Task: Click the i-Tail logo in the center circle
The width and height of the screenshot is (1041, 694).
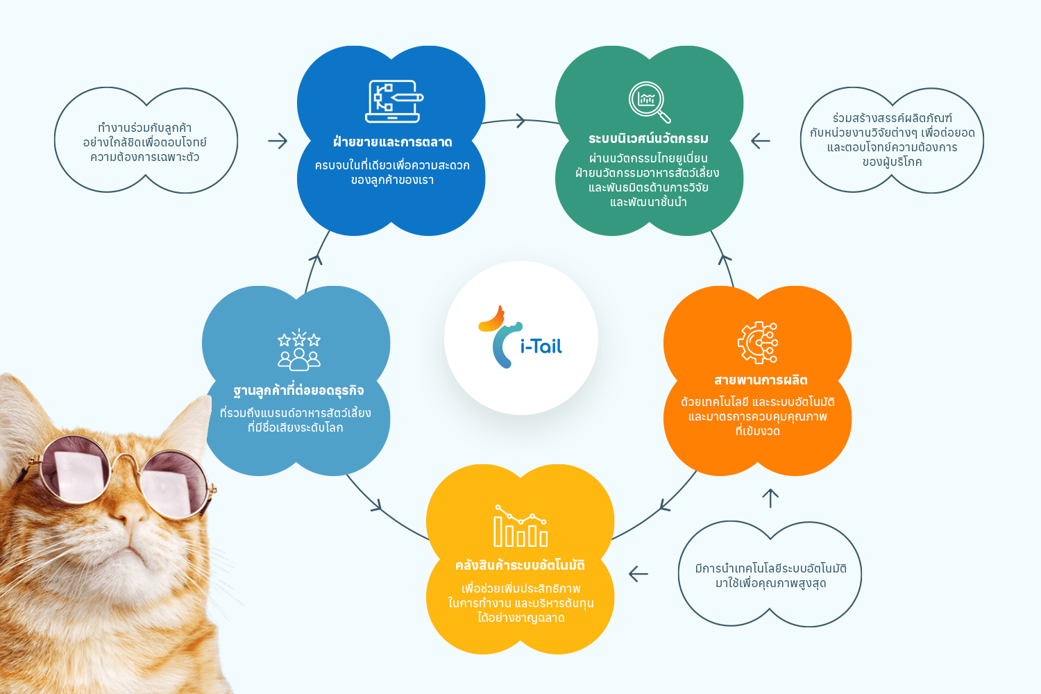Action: click(520, 338)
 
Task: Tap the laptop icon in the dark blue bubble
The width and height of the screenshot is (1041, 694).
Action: click(394, 101)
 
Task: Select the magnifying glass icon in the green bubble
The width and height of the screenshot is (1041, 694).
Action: click(650, 102)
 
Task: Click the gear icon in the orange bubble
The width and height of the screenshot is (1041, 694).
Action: click(758, 343)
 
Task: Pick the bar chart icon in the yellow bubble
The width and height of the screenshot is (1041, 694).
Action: click(520, 526)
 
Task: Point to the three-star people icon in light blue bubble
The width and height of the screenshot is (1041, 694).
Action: click(299, 350)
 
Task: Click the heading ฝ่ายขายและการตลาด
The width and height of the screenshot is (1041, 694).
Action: click(393, 142)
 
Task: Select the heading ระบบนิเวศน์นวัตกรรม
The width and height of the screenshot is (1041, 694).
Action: click(649, 139)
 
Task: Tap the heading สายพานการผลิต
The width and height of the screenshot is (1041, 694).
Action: click(761, 380)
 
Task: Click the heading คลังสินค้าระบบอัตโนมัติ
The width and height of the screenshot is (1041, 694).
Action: click(520, 565)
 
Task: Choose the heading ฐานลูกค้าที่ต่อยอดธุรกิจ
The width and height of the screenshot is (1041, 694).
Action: click(299, 391)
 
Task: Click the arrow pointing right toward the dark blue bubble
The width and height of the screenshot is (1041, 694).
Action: click(278, 141)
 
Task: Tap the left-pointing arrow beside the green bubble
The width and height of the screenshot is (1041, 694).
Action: click(761, 141)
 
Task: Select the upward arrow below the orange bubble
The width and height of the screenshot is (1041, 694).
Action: click(770, 498)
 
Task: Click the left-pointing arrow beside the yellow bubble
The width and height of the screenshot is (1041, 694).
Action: click(638, 574)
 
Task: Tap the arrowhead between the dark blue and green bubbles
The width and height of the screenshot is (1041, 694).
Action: click(520, 121)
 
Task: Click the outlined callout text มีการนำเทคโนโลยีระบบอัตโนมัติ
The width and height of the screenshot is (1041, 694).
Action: click(770, 568)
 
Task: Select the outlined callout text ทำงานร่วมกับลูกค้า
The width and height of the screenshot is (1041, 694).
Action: click(144, 128)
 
